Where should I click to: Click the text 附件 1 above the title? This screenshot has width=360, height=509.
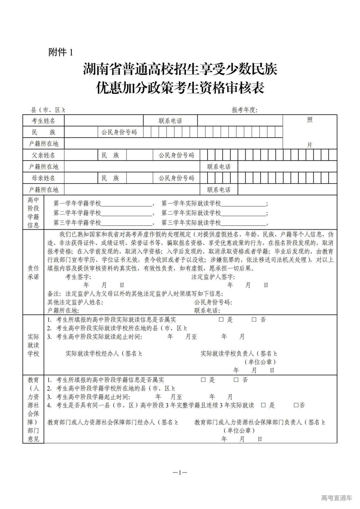coord(60,52)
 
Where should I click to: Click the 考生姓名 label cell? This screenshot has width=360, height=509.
coord(43,121)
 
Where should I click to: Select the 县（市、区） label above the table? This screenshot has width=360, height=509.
coord(48,110)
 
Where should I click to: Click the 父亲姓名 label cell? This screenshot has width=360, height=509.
coord(43,155)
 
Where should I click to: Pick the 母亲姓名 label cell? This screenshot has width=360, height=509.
coord(43,178)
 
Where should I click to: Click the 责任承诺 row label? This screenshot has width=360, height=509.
coord(33,272)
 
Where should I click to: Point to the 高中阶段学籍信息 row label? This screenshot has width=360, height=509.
coord(33,213)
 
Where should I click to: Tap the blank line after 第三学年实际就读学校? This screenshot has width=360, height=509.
coord(244,223)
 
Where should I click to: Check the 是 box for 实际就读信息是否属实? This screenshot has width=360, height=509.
coord(221,320)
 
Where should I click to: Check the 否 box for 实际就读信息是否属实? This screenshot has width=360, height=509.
coord(254,320)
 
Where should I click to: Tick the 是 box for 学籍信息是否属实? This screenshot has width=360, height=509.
coord(203,380)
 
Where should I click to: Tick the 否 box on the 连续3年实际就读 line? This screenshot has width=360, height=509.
coord(296,405)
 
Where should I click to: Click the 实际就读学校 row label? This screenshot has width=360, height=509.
coord(33,345)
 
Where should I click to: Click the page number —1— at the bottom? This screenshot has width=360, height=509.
coord(180,473)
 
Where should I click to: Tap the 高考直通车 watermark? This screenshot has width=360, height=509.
coord(336,498)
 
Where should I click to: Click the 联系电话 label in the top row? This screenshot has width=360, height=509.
coord(170,121)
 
